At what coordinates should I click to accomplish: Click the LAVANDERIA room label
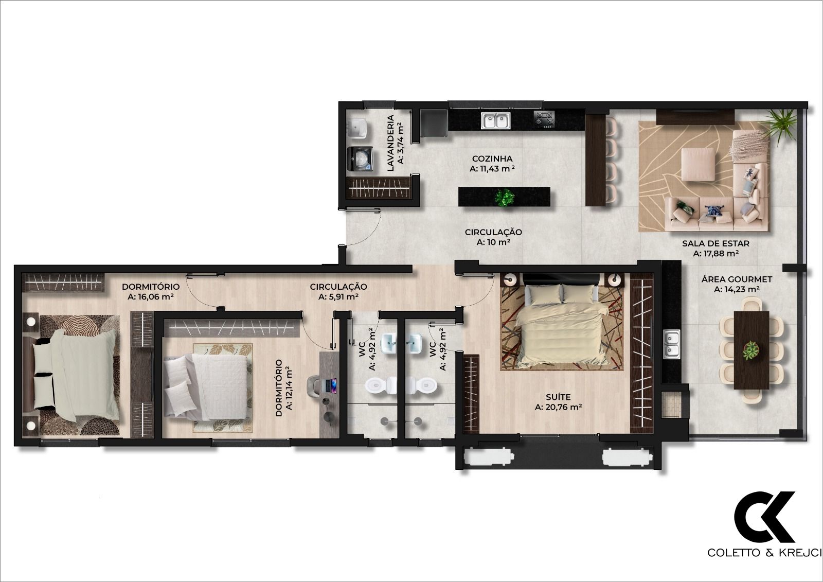tap(390, 143)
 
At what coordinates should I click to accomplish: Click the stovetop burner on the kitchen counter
tap(545, 119)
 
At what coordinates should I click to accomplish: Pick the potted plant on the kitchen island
tap(505, 197)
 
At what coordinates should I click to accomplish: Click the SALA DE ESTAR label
tap(715, 243)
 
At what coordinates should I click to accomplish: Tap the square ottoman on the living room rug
tap(697, 164)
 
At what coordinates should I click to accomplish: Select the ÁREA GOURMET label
tap(737, 279)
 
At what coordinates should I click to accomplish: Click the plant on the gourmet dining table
tap(751, 351)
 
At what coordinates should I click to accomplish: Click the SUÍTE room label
tap(558, 397)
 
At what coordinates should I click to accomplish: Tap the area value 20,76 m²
tap(558, 407)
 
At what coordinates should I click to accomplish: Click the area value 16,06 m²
tap(150, 297)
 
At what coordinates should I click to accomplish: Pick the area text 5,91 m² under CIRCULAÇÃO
tap(338, 297)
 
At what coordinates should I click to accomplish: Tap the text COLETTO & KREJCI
tap(764, 553)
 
